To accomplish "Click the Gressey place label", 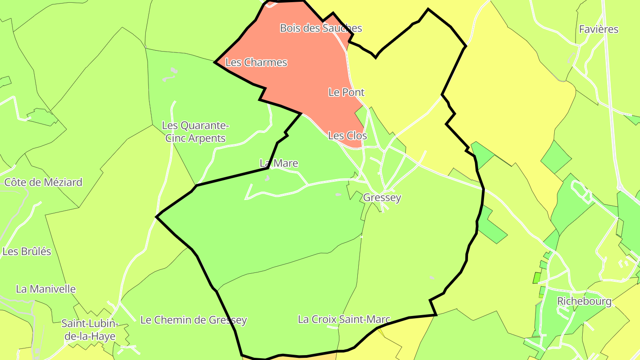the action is pos(382,198).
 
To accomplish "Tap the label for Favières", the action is pos(599,29).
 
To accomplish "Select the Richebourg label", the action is pos(584,301).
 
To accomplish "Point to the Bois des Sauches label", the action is pos(321,28).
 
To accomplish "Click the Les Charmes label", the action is pos(256,63).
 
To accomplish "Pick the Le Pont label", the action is pos(346,92).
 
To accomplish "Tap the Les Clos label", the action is pos(348,136).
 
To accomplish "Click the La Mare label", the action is pos(279,164).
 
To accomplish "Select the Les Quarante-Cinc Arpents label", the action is pos(196,132).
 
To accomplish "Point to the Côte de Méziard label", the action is pos(43,182).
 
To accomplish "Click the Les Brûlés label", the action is pos(27,252).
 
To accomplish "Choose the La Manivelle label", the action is pos(46,289).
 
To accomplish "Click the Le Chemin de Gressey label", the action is pos(193,320).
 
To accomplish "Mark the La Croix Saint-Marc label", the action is pos(344,320).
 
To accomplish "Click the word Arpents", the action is pos(207,138).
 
